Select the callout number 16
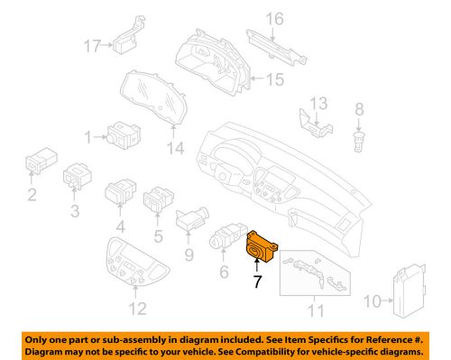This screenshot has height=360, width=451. (x=274, y=18)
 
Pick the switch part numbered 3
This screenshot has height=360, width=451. (x=77, y=180)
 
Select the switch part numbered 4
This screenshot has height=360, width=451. (x=122, y=191)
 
